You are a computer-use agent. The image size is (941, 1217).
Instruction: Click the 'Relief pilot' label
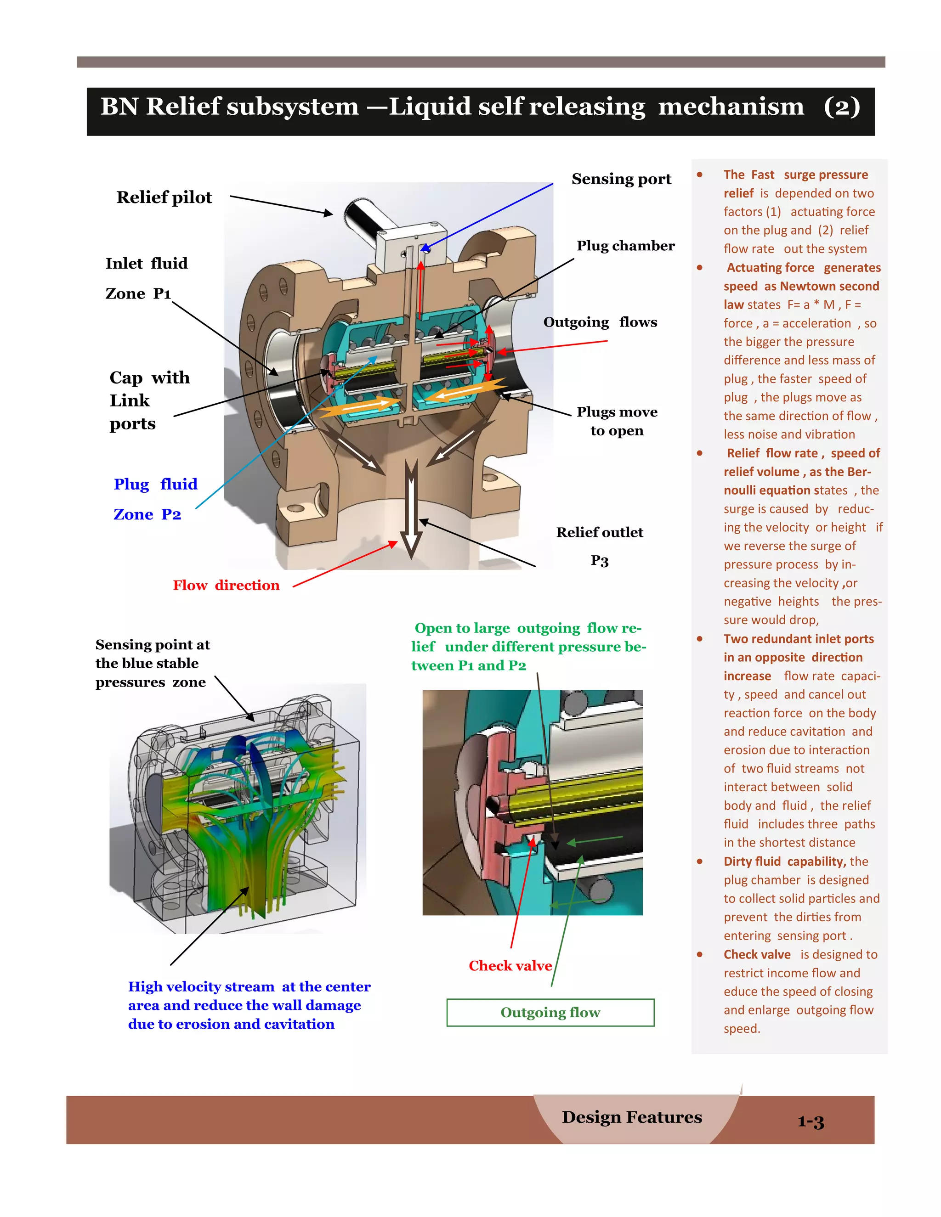pyautogui.click(x=164, y=197)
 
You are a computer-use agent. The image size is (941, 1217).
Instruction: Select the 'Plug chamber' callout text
pyautogui.click(x=625, y=246)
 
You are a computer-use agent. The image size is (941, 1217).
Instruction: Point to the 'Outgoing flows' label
pyautogui.click(x=600, y=322)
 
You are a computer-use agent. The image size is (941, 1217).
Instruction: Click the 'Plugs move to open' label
pyautogui.click(x=617, y=421)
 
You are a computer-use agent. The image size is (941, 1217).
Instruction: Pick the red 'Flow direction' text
pyautogui.click(x=226, y=585)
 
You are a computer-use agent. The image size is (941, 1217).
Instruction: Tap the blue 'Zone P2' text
pyautogui.click(x=147, y=514)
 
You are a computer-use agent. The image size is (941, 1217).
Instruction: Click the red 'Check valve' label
pyautogui.click(x=510, y=966)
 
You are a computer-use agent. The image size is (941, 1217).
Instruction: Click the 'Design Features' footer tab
pyautogui.click(x=632, y=1117)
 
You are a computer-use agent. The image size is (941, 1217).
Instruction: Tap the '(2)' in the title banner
pyautogui.click(x=841, y=107)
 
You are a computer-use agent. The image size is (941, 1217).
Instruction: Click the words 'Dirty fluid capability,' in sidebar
pyautogui.click(x=784, y=862)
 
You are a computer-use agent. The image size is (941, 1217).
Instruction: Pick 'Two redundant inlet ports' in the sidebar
pyautogui.click(x=798, y=639)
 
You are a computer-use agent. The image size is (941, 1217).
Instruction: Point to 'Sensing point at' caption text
pyautogui.click(x=152, y=645)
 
